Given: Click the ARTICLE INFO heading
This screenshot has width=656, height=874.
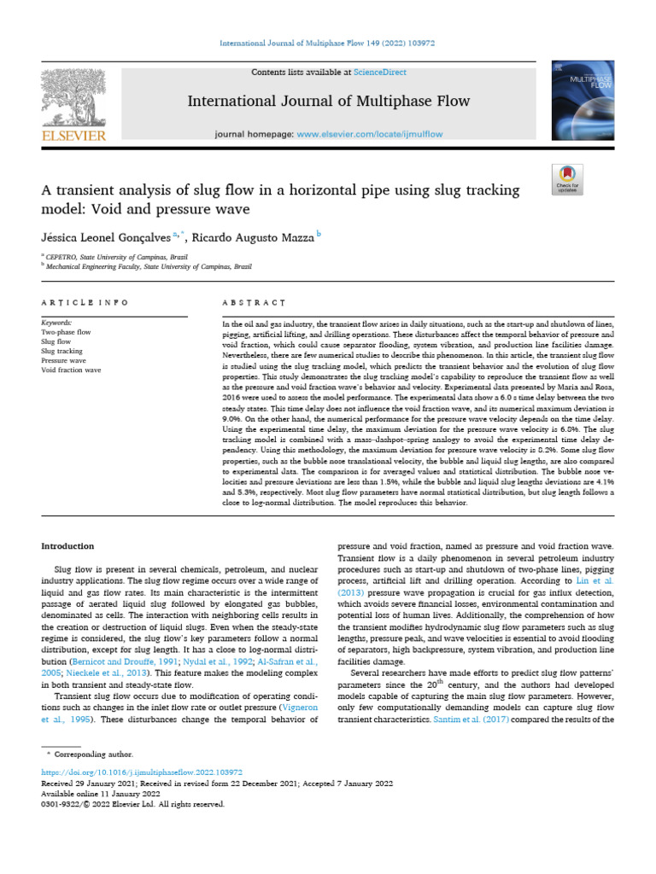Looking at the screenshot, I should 85,302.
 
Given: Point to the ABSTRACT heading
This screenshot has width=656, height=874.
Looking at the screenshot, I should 253,302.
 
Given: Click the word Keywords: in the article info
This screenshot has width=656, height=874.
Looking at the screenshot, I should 57,323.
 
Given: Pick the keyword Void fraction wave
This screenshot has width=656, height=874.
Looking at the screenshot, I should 71,370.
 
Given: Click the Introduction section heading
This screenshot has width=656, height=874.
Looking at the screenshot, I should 68,546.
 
